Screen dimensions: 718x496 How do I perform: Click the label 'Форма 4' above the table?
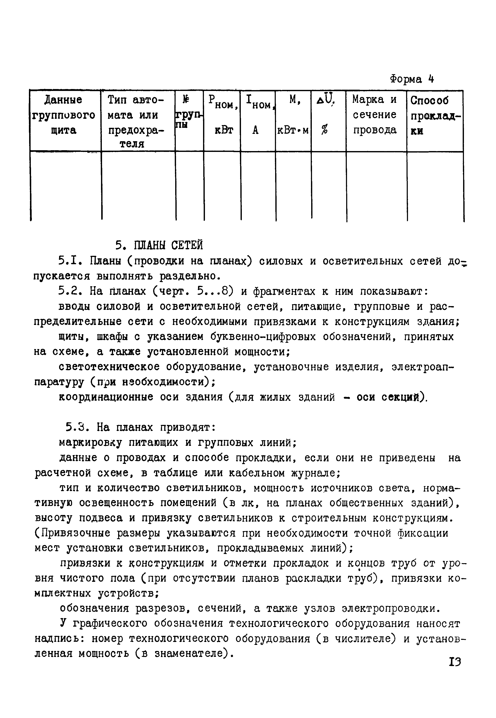click(x=412, y=79)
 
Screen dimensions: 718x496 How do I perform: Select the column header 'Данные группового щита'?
click(x=64, y=115)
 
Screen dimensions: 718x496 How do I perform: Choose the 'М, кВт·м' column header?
click(x=293, y=115)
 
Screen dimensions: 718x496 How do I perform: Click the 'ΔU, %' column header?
click(x=326, y=115)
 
